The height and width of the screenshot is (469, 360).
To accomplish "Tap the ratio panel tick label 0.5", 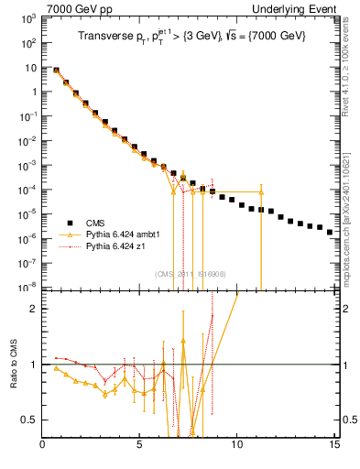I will (x=29, y=420).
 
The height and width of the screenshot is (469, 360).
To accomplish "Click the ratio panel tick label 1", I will (x=33, y=365).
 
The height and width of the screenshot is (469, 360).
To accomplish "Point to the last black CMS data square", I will (x=331, y=232).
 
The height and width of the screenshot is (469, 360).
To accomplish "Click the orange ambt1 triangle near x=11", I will (x=261, y=192).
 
